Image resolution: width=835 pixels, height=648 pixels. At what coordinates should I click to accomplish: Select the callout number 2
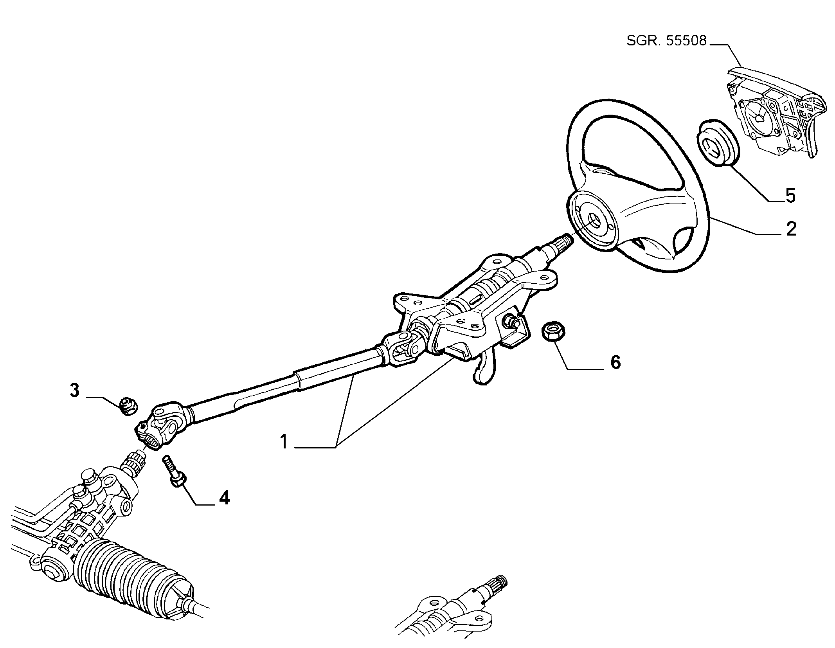pos(791,229)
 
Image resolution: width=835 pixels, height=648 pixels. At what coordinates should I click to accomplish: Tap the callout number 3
pos(74,391)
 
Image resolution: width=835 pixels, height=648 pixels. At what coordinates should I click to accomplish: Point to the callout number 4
pos(224,498)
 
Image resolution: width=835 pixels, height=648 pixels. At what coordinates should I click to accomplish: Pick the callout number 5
pos(790,196)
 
